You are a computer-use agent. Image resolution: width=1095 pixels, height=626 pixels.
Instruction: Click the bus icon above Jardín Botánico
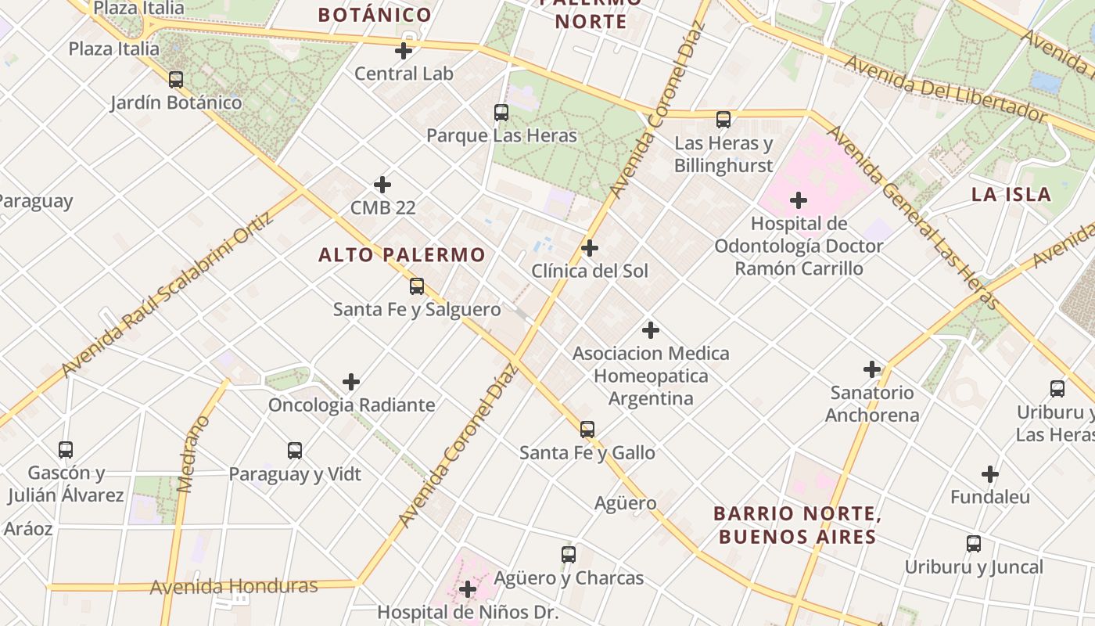coord(176,79)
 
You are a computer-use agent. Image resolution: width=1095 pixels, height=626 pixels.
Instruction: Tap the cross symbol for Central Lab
coord(404,52)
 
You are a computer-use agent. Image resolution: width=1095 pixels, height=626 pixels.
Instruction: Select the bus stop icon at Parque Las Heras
coord(501,113)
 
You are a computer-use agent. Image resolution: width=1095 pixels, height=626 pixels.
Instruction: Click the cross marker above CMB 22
coord(382,185)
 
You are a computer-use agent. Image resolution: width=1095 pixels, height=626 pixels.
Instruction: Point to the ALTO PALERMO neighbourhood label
coord(402,254)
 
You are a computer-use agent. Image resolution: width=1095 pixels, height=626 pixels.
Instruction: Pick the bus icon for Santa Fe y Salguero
coord(417,286)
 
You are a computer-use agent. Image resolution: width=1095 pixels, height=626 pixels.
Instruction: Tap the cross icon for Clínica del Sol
coord(590,248)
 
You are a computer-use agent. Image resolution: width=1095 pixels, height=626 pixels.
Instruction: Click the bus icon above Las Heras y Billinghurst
coord(723,120)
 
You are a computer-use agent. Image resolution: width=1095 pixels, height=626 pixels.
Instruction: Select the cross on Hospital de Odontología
coord(799,200)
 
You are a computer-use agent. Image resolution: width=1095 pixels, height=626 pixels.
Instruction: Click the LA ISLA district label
coord(1011,195)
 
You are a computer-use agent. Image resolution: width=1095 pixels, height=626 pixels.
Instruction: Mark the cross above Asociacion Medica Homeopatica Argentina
coord(650,329)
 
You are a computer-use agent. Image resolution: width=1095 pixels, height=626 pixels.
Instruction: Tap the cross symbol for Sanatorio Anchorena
coord(872,369)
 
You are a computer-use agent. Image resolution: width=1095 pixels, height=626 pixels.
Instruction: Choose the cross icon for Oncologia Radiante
coord(351,382)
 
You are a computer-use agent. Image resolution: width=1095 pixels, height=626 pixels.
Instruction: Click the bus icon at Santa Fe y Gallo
coord(587,430)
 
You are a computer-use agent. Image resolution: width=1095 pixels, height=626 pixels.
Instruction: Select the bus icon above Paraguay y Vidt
coord(295,451)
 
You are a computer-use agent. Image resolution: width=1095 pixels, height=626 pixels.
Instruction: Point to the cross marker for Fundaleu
coord(990,474)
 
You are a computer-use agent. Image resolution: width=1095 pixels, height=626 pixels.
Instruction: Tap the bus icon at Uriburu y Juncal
coord(974,544)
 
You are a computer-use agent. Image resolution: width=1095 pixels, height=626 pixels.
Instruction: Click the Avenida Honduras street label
coord(234,586)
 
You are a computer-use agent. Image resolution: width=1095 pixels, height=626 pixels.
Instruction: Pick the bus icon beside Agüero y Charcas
coord(569,555)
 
